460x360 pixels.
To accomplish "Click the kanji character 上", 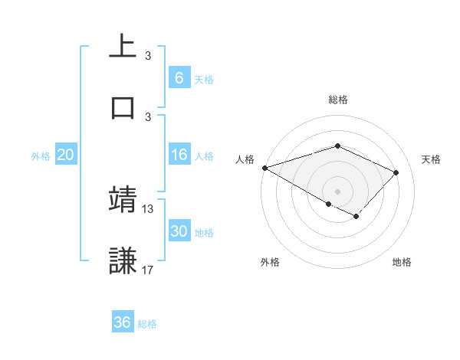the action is pyautogui.click(x=123, y=46).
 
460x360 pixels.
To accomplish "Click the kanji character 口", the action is pyautogui.click(x=123, y=106).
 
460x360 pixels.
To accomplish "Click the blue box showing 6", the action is pyautogui.click(x=179, y=78).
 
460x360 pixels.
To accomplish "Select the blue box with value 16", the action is pyautogui.click(x=179, y=155).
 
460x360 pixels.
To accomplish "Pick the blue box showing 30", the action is pyautogui.click(x=179, y=231).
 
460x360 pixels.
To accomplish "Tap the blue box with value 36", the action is pyautogui.click(x=123, y=322).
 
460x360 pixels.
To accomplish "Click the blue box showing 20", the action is pyautogui.click(x=65, y=155).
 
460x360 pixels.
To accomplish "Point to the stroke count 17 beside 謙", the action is pyautogui.click(x=148, y=270).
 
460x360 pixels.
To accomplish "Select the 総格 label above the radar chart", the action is pyautogui.click(x=338, y=100).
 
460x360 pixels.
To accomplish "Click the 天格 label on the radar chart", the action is pyautogui.click(x=431, y=159).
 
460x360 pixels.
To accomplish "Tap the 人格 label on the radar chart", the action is pyautogui.click(x=244, y=159).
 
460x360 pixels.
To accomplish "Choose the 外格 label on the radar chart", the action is pyautogui.click(x=270, y=262).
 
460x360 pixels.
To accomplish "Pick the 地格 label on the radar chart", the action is pyautogui.click(x=402, y=262).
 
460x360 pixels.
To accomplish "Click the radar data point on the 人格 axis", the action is pyautogui.click(x=264, y=167).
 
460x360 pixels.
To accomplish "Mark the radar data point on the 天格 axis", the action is pyautogui.click(x=396, y=172).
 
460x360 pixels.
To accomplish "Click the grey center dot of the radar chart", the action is pyautogui.click(x=337, y=191).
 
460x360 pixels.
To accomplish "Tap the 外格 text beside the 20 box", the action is pyautogui.click(x=41, y=156).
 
